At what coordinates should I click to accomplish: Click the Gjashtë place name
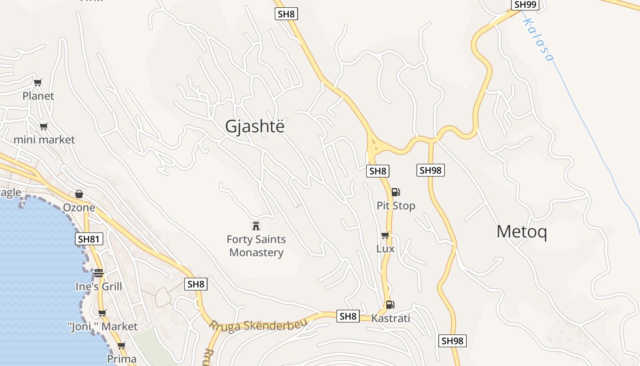[x=255, y=126]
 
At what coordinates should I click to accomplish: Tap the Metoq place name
[x=522, y=232]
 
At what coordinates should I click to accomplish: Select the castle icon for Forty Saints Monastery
[x=256, y=226]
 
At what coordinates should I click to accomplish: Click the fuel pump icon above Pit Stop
[x=396, y=192]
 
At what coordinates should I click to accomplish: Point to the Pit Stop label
[x=396, y=206]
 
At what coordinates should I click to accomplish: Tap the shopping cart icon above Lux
[x=385, y=236]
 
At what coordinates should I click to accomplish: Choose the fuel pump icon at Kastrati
[x=390, y=305]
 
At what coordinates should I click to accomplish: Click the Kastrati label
[x=391, y=318]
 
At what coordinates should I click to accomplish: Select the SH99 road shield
[x=524, y=5]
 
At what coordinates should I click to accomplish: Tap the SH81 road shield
[x=89, y=239]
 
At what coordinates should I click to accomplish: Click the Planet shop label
[x=38, y=96]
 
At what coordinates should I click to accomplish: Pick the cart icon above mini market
[x=43, y=127]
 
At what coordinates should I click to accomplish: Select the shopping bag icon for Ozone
[x=79, y=194]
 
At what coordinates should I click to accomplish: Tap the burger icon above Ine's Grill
[x=99, y=273]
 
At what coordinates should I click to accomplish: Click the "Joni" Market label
[x=102, y=327]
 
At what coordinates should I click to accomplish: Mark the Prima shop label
[x=122, y=359]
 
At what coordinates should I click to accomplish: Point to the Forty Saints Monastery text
[x=256, y=246]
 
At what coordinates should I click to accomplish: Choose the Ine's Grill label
[x=99, y=287]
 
